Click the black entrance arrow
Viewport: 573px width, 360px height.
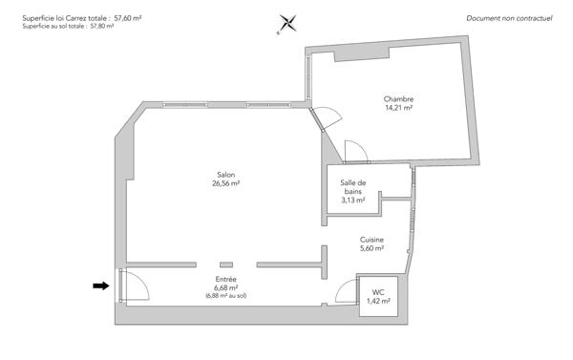[x=100, y=285]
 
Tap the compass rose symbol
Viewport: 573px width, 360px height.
[x=287, y=24]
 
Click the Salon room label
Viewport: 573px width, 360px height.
[x=226, y=174]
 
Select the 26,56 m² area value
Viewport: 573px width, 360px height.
[x=226, y=183]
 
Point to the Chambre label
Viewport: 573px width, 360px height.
[x=398, y=99]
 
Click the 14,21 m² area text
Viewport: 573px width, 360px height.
[x=398, y=109]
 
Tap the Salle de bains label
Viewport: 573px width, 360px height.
[x=353, y=187]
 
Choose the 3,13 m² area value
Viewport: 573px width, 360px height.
[x=353, y=201]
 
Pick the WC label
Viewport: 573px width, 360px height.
[x=378, y=291]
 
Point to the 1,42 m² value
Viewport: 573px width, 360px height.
[x=378, y=301]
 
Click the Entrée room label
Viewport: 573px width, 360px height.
[x=225, y=278]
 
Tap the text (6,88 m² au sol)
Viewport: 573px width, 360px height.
[x=225, y=296]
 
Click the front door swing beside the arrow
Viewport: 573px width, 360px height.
[x=134, y=285]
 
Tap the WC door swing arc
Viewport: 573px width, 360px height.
[x=346, y=292]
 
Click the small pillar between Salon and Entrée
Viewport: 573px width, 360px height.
[x=225, y=264]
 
